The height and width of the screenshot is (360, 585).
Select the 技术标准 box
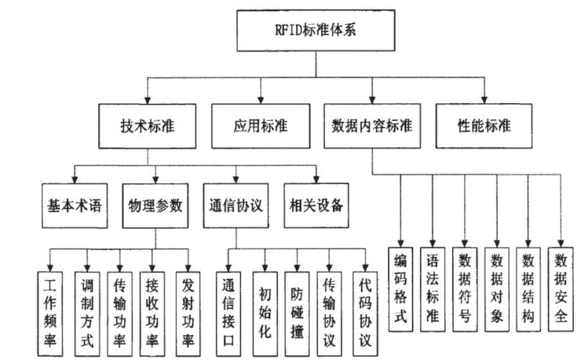pos(148,125)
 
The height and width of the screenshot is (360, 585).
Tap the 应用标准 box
pos(259,125)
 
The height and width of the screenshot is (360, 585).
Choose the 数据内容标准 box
pos(372,125)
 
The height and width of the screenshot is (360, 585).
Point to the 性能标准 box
pos(484,125)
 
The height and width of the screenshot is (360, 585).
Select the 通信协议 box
pos(235,204)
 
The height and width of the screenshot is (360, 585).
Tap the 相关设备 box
pos(315,204)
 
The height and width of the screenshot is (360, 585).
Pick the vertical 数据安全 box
pos(561,287)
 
